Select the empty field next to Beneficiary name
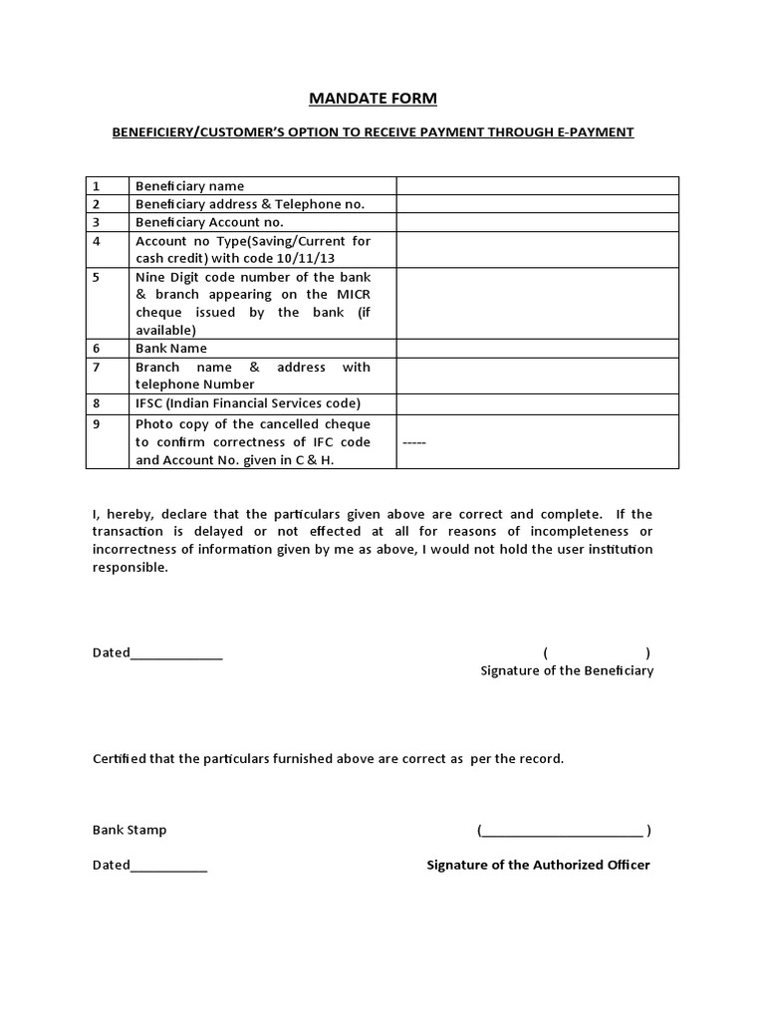tap(537, 186)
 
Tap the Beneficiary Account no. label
tap(209, 222)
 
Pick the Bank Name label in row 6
tap(171, 349)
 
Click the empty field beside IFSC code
tap(537, 403)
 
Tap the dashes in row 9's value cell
tap(414, 441)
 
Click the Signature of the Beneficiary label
tap(567, 671)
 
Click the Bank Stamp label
tap(129, 830)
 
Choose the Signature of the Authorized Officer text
tap(538, 865)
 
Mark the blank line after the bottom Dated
tap(168, 867)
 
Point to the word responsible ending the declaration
tap(129, 568)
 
